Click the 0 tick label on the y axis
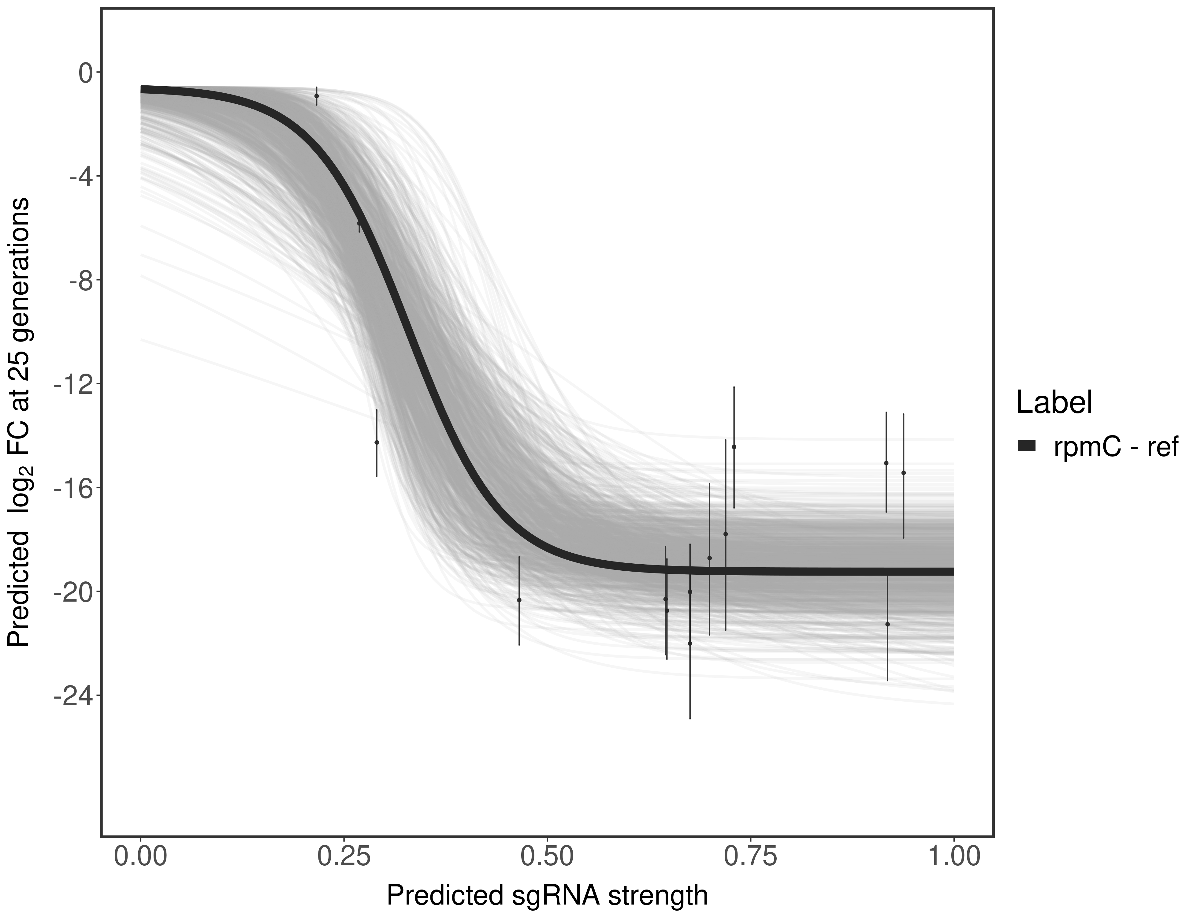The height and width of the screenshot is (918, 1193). tap(85, 73)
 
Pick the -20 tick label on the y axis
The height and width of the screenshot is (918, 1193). tap(71, 592)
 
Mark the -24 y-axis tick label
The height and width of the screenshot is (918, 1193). tap(71, 696)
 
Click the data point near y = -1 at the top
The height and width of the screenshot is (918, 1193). tap(317, 95)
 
